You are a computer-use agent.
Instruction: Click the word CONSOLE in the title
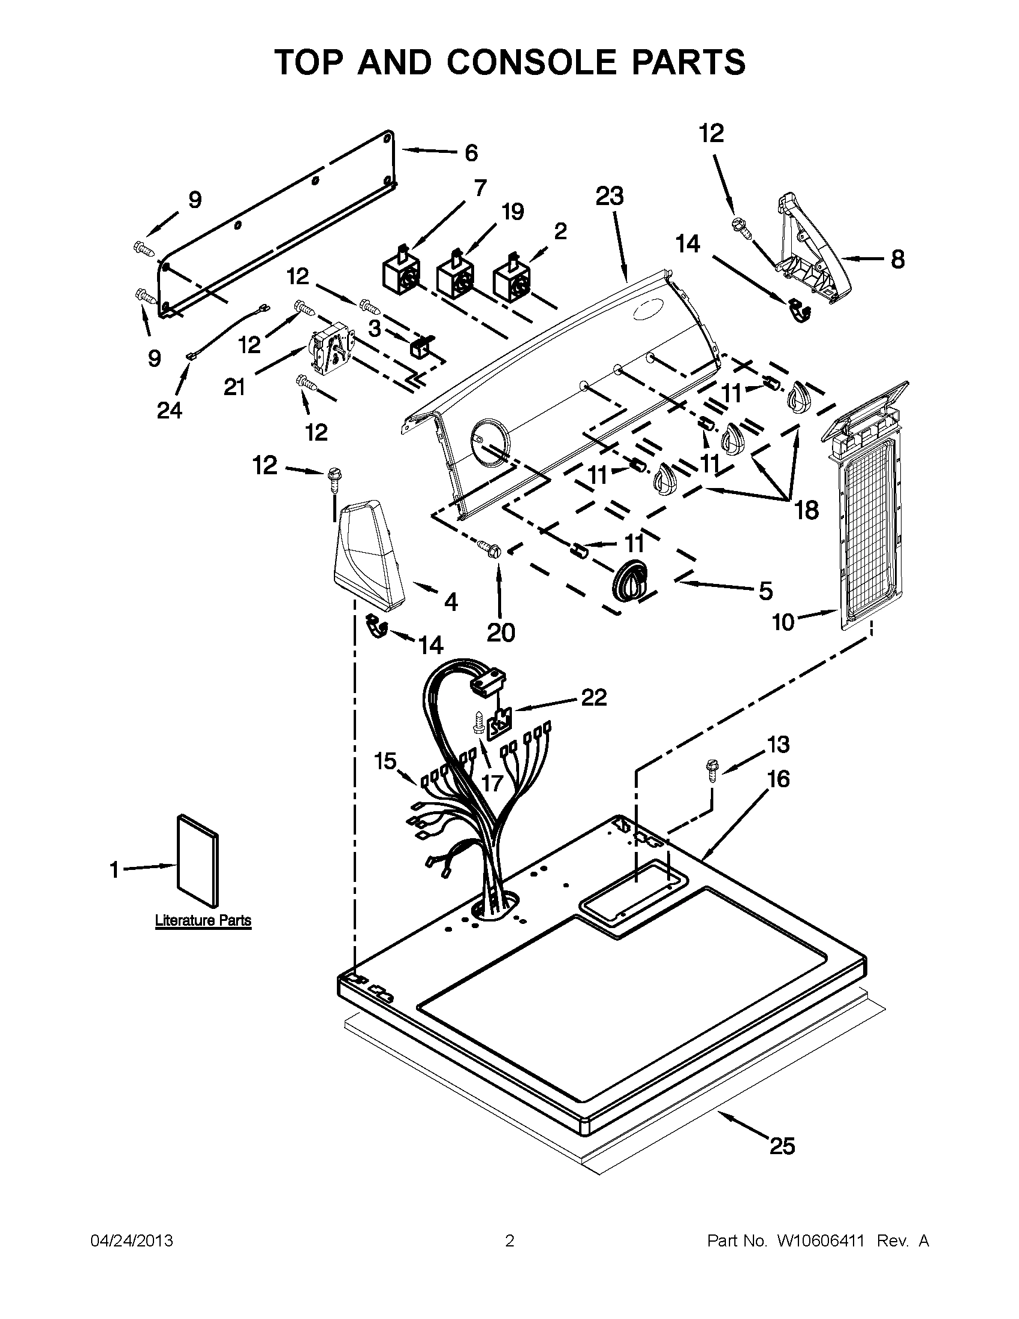click(x=531, y=62)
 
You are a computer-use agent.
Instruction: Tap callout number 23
click(x=609, y=197)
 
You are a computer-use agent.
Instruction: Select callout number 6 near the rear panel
click(x=471, y=153)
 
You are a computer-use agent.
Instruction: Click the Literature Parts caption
click(x=203, y=921)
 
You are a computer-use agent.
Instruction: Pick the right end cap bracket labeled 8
click(x=812, y=248)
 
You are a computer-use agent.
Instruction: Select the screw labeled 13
click(x=710, y=772)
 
